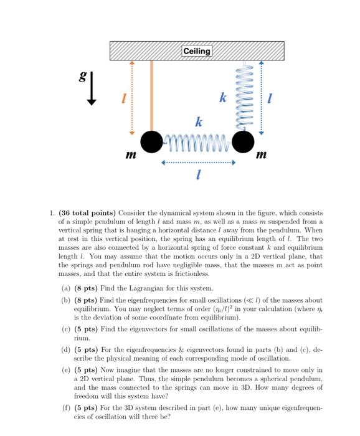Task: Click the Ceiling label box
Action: (x=197, y=51)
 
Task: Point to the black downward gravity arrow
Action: (x=92, y=90)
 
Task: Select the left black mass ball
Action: (x=151, y=141)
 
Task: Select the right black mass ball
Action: (x=243, y=141)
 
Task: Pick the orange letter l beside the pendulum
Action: (x=124, y=98)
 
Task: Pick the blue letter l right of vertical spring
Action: (x=269, y=98)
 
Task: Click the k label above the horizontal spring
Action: (x=199, y=122)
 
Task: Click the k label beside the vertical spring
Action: (x=222, y=98)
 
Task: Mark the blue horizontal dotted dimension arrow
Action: (x=197, y=164)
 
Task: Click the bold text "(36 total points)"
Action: (x=87, y=213)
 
